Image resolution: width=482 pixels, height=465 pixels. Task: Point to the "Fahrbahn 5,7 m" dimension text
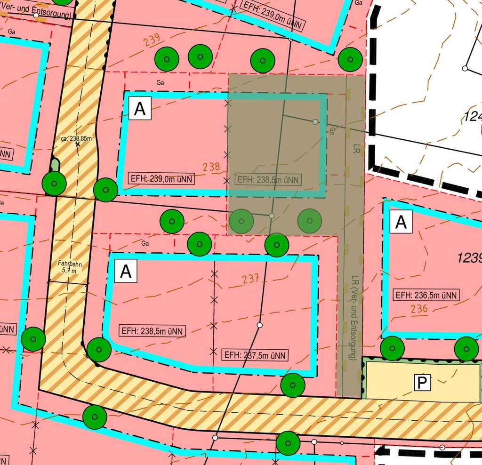[70, 267]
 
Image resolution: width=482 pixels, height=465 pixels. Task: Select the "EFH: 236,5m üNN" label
[426, 295]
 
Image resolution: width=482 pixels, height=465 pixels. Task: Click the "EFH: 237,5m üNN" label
[255, 355]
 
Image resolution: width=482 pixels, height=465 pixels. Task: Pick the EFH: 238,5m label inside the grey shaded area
[268, 179]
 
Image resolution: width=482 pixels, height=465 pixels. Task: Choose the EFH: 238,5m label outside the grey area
[152, 331]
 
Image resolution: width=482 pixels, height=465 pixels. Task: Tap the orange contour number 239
[152, 40]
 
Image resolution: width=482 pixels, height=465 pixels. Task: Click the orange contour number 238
[212, 167]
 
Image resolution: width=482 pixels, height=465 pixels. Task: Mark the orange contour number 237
[251, 279]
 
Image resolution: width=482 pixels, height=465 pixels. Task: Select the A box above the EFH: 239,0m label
[140, 109]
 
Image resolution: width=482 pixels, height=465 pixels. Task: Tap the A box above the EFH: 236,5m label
[401, 222]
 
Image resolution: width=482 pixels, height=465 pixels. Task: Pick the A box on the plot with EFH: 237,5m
[126, 272]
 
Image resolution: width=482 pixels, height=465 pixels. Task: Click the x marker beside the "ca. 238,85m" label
[78, 144]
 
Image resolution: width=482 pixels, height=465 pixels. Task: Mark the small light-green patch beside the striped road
[56, 166]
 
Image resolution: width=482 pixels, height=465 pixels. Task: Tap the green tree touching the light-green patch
[54, 184]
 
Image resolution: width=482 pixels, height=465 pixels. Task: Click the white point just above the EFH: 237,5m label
[259, 325]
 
